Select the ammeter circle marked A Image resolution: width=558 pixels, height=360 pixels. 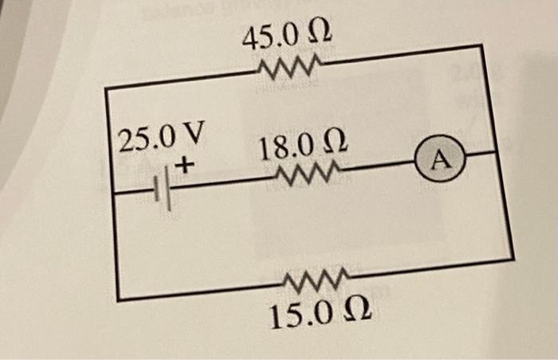(x=442, y=160)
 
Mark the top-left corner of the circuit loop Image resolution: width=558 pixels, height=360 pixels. (x=107, y=87)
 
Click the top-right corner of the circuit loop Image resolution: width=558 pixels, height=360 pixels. (x=481, y=46)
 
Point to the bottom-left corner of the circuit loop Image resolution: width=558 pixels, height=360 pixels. (x=118, y=299)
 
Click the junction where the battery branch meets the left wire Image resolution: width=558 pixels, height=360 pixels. (x=112, y=193)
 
